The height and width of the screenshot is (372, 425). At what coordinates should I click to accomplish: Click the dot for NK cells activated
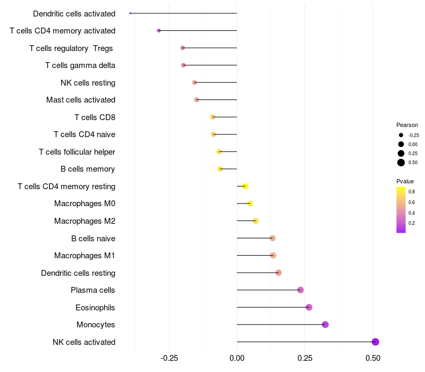point(376,342)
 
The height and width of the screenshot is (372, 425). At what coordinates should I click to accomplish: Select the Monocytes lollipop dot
point(325,325)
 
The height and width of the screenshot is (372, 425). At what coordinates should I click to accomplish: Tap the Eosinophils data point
point(309,307)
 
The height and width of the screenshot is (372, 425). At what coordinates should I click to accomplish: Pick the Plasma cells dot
point(301,290)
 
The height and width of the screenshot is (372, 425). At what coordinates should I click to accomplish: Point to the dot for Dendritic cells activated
point(130,13)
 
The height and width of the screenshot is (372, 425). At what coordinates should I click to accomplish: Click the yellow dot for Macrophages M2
point(256,221)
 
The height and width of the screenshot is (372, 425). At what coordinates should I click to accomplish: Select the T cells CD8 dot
point(212,117)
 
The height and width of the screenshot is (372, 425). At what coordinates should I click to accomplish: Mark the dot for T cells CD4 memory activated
point(159,31)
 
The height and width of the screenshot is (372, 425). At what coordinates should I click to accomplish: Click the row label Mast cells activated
point(81,100)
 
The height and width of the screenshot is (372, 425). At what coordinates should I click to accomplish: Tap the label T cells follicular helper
point(77,152)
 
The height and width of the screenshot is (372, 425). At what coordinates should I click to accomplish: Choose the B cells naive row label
point(93,239)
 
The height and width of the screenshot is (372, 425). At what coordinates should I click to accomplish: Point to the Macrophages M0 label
point(84,204)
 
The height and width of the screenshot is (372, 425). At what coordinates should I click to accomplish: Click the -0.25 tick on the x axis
point(169,358)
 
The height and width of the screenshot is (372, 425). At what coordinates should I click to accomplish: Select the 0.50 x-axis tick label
point(372,358)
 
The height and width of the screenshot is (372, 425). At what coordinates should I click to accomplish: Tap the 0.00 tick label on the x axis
point(237,358)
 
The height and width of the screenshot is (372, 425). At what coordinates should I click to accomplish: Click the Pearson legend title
point(407,125)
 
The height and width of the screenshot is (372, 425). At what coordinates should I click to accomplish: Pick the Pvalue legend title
point(405,181)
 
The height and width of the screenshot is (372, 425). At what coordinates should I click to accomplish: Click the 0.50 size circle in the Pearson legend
point(401,163)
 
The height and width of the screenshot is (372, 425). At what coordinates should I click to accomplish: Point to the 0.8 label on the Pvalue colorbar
point(412,191)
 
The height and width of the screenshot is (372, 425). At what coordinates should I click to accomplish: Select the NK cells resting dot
point(194,82)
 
